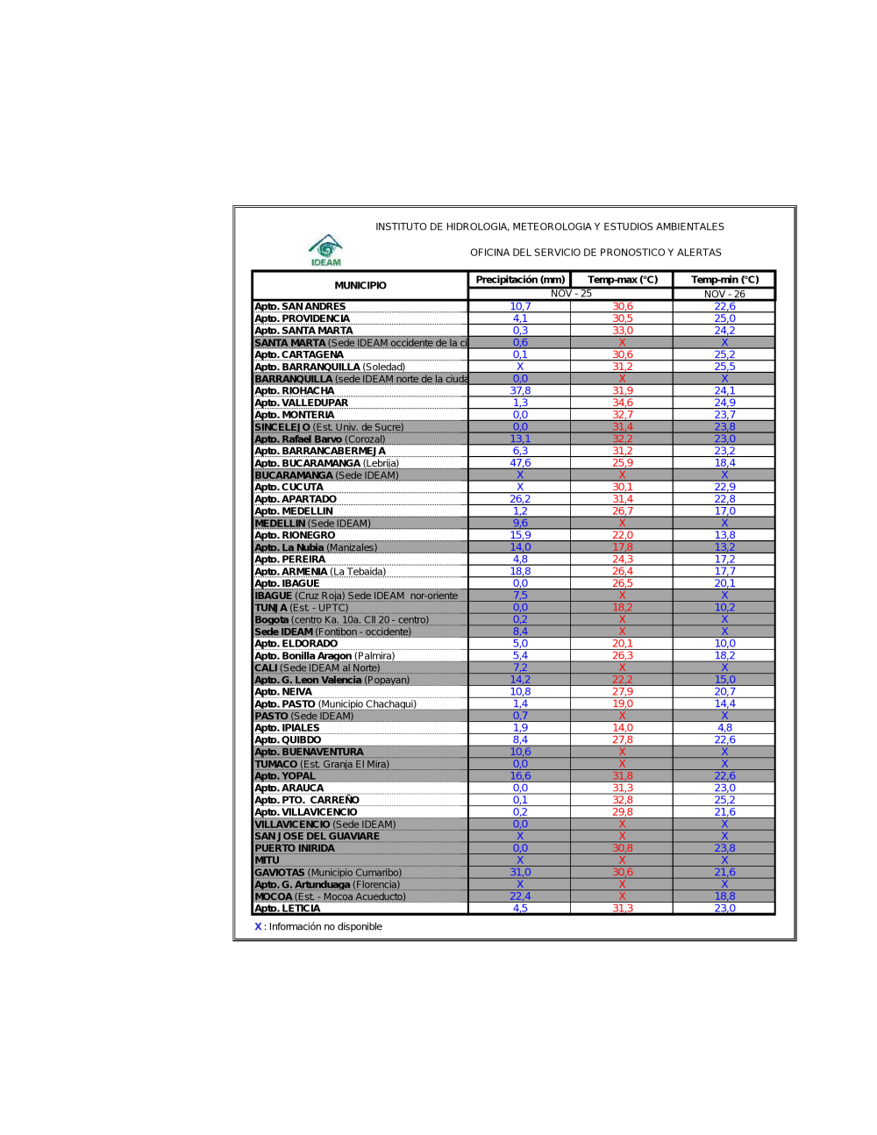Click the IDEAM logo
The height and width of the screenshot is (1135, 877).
(325, 249)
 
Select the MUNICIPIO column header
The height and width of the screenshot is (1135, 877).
(360, 285)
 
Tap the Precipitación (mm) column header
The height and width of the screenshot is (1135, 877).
(520, 280)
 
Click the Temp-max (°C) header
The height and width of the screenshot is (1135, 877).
(623, 280)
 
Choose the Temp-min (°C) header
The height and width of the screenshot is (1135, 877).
(724, 280)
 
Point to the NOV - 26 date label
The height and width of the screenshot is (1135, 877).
(724, 294)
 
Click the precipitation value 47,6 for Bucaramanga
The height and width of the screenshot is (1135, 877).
(520, 463)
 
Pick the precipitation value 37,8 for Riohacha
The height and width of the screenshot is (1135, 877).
(520, 391)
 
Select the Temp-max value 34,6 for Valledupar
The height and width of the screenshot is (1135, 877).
(623, 403)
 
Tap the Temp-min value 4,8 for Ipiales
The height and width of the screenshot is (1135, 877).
(724, 728)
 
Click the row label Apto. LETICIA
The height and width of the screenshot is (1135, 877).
(288, 909)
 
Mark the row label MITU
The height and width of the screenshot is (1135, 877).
(267, 860)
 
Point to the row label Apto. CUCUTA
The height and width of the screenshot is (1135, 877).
(289, 487)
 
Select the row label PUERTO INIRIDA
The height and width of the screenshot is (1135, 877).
(295, 848)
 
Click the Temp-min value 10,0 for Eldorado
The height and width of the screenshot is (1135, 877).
(724, 644)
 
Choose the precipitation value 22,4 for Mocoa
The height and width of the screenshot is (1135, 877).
(520, 896)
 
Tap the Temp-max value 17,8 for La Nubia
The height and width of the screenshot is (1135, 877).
(623, 547)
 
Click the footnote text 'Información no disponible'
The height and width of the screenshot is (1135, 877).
(325, 926)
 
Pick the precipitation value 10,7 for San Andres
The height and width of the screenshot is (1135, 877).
(520, 306)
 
